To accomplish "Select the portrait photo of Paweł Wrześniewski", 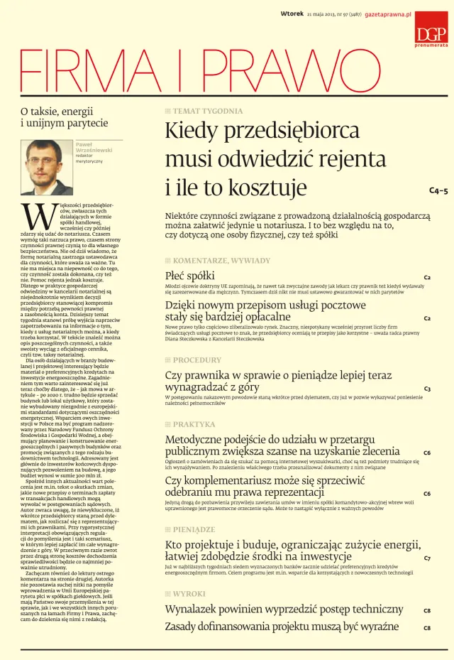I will pos(45,166).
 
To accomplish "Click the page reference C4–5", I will pos(438,191).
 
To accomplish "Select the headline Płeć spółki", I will pos(189,275).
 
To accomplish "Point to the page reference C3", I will pos(427,389).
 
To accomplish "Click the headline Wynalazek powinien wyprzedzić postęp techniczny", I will pos(284,609).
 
